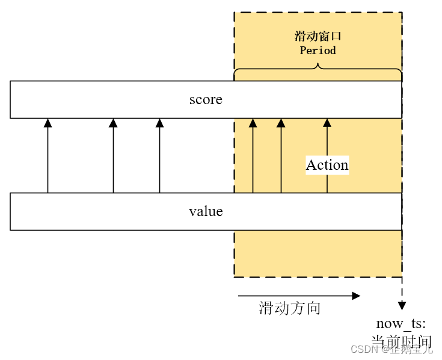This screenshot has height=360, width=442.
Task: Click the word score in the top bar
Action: point(206,99)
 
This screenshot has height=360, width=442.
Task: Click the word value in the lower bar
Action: point(206,211)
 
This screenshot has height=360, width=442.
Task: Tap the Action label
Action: point(327,165)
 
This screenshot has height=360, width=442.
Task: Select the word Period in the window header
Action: point(318,51)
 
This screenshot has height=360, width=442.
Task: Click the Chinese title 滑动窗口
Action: point(318,36)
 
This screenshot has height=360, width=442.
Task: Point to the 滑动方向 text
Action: point(290,309)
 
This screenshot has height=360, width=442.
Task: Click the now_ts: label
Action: point(401,324)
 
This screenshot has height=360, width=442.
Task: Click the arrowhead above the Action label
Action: point(327,123)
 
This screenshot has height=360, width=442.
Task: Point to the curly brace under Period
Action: point(318,71)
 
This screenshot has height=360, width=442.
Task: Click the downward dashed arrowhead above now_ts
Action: point(402,306)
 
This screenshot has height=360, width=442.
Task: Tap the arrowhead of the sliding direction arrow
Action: point(356,296)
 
